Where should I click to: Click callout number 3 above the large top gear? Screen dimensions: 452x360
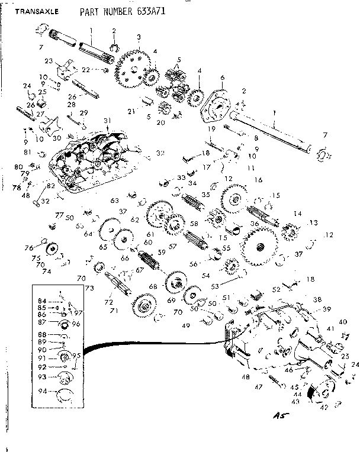138,37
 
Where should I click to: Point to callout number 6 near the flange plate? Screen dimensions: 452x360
222,78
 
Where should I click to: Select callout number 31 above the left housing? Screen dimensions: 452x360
107,121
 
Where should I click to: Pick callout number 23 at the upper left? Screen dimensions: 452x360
49,60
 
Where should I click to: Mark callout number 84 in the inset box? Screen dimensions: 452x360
42,299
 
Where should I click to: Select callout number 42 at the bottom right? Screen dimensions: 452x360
324,408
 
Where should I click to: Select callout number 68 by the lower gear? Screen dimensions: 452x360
153,286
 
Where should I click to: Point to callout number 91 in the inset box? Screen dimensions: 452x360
43,358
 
